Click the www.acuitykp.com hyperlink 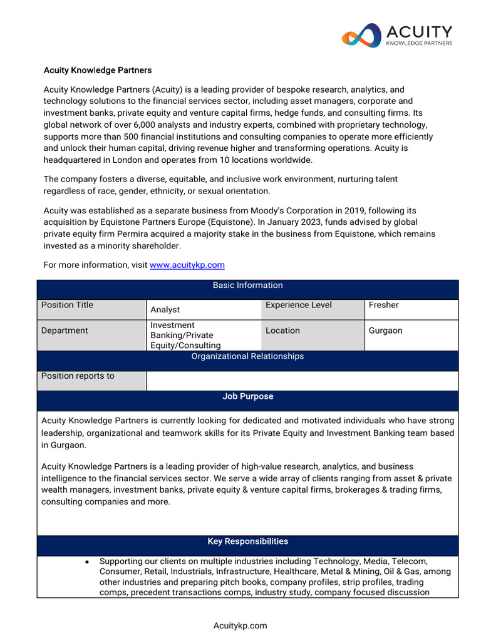pyautogui.click(x=187, y=265)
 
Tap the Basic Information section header pyautogui.click(x=247, y=285)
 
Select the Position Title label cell pyautogui.click(x=91, y=309)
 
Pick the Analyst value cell pyautogui.click(x=204, y=309)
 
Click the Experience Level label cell pyautogui.click(x=313, y=309)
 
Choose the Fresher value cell pyautogui.click(x=411, y=309)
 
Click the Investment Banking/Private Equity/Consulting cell pyautogui.click(x=204, y=335)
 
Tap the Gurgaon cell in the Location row pyautogui.click(x=411, y=331)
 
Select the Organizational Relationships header pyautogui.click(x=247, y=356)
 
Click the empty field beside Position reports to pyautogui.click(x=302, y=381)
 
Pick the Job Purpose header pyautogui.click(x=247, y=397)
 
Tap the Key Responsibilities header pyautogui.click(x=247, y=541)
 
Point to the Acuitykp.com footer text pyautogui.click(x=240, y=625)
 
